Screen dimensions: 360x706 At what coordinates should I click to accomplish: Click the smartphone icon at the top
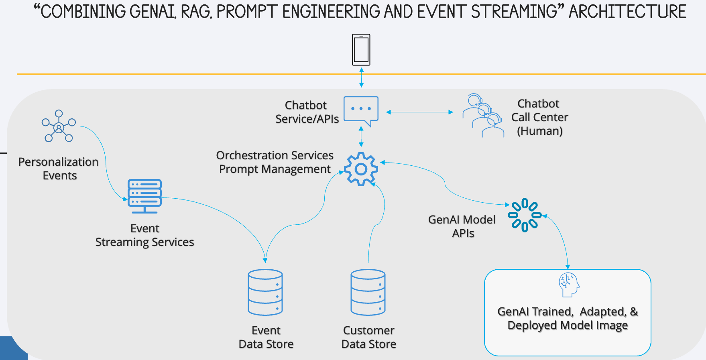(361, 50)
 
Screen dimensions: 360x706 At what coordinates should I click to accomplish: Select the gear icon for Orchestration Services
(361, 169)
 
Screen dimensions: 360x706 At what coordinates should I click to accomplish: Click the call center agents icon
(483, 116)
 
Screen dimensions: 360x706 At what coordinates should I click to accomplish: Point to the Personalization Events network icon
(59, 126)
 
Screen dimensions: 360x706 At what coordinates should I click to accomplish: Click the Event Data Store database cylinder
(265, 292)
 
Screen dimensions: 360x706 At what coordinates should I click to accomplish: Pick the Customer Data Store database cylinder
(368, 292)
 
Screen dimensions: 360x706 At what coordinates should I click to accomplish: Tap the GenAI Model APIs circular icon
(524, 215)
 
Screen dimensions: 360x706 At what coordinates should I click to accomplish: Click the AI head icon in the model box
(569, 285)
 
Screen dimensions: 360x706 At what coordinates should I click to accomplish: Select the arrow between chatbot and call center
(419, 112)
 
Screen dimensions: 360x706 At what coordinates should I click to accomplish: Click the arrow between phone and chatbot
(361, 78)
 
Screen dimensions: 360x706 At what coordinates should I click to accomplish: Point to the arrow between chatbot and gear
(361, 136)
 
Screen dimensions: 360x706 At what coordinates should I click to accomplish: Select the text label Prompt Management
(275, 169)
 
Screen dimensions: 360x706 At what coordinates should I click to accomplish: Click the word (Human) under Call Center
(539, 131)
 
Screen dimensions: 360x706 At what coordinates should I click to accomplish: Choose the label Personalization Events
(59, 169)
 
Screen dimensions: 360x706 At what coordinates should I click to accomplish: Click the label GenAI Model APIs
(462, 226)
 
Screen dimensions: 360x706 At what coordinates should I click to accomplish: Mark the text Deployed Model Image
(567, 325)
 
